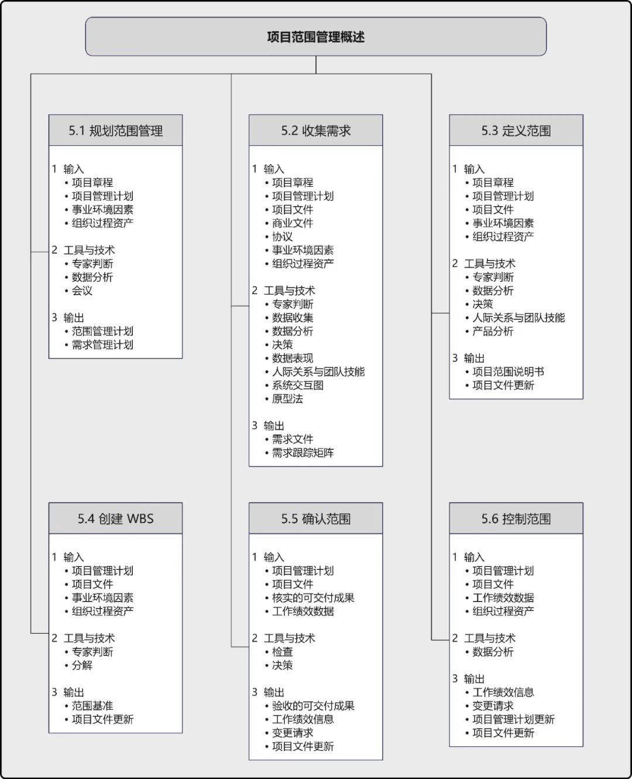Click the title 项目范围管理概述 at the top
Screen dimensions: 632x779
315,37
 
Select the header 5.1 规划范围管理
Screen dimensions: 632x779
115,131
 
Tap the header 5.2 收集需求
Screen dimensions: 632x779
315,131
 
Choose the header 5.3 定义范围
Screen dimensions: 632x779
516,131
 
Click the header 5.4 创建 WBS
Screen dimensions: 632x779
115,518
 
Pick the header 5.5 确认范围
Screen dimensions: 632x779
315,518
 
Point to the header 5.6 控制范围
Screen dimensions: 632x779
516,518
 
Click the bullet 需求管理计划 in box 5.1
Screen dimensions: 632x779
102,344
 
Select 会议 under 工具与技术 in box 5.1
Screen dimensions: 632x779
82,291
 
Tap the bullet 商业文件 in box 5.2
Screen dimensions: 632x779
293,223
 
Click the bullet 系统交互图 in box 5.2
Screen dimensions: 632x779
297,385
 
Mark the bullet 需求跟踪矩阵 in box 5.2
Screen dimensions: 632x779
303,452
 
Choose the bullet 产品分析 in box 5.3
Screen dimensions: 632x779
493,331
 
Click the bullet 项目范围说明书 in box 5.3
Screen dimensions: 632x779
508,371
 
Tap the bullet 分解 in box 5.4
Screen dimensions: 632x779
82,665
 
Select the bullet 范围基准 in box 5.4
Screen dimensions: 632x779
92,706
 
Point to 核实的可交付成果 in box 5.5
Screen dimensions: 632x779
313,597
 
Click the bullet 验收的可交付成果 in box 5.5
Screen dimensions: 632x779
313,706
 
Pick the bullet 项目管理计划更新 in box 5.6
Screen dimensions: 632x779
513,719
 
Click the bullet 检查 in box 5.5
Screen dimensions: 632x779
282,652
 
